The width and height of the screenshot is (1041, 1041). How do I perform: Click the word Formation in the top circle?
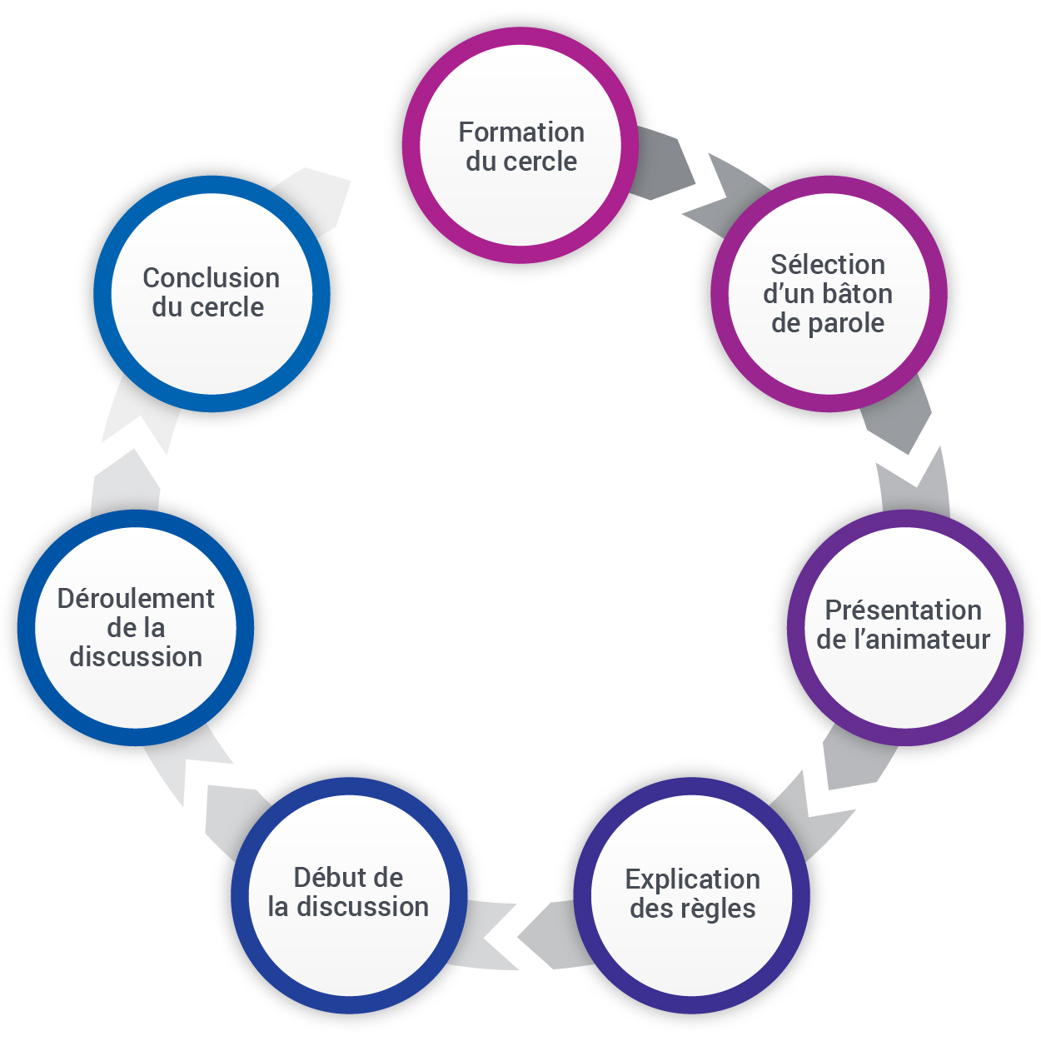[x=521, y=132]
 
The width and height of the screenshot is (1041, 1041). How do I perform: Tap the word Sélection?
[x=828, y=265]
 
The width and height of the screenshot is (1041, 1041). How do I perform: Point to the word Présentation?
[x=904, y=610]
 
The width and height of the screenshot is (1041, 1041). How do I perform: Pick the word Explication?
[x=692, y=879]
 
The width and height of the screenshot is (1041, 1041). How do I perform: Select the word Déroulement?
[x=136, y=599]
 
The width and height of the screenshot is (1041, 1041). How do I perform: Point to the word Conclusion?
[x=212, y=278]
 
